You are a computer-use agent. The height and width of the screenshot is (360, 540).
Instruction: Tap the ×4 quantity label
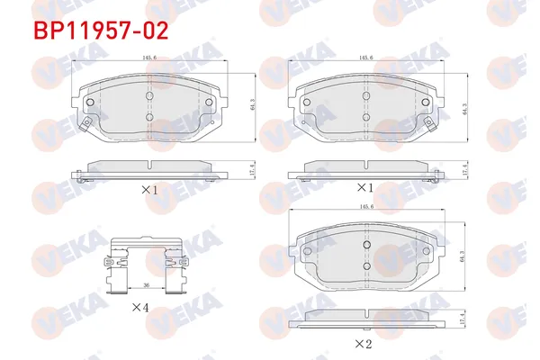[x=139, y=307]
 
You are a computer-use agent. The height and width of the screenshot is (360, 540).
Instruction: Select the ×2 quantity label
[x=364, y=343]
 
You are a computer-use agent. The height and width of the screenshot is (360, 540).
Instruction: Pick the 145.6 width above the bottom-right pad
[x=365, y=207]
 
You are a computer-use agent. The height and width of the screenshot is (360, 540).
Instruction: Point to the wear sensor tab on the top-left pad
[x=85, y=124]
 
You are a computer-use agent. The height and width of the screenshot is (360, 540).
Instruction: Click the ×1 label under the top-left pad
[x=149, y=191]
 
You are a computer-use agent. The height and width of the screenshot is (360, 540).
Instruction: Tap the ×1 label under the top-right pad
[x=364, y=188]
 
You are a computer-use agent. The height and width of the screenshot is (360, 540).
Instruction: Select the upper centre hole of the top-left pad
[x=148, y=95]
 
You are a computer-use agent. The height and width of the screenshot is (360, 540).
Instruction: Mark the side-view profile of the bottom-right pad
[x=364, y=317]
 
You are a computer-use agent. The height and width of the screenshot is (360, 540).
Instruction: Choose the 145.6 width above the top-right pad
[x=365, y=57]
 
